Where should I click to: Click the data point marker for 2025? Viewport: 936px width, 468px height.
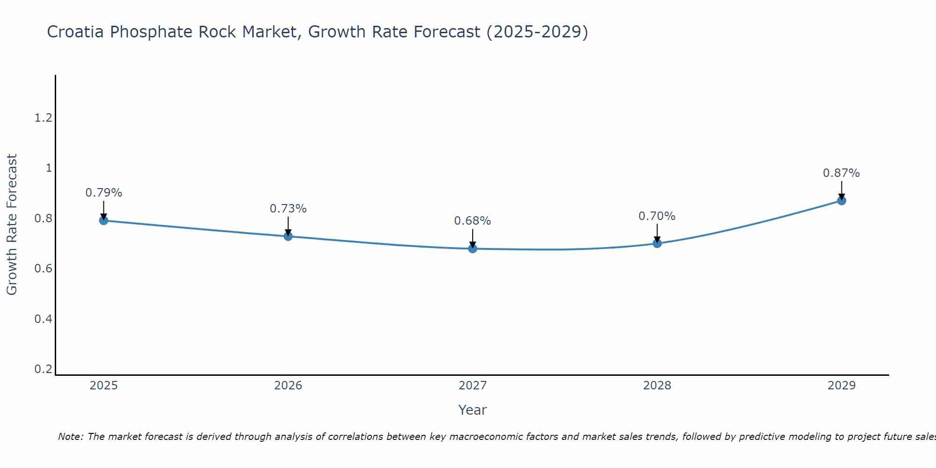(104, 220)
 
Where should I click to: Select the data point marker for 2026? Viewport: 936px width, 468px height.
(288, 236)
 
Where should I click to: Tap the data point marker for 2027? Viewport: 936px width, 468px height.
(473, 249)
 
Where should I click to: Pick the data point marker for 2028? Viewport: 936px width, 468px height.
(657, 243)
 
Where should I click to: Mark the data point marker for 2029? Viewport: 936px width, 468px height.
(841, 201)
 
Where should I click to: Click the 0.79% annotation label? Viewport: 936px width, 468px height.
(104, 193)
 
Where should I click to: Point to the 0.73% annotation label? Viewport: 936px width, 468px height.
(288, 209)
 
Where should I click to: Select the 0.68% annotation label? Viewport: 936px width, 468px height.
(473, 221)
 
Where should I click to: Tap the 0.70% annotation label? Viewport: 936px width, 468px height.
(657, 216)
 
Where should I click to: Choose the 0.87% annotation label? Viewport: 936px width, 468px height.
(841, 173)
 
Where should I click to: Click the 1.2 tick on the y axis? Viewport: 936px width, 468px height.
(43, 118)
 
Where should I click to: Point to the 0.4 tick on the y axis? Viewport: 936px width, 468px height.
(43, 319)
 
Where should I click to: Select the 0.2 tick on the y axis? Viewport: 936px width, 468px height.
(43, 369)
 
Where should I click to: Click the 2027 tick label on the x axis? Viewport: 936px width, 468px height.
(473, 386)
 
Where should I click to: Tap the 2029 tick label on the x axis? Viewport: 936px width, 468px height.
(841, 386)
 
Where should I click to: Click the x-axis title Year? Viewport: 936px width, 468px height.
(473, 410)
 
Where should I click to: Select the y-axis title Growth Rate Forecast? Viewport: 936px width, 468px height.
(12, 225)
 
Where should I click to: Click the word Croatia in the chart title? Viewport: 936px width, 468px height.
(75, 32)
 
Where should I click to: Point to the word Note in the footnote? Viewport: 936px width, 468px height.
(70, 437)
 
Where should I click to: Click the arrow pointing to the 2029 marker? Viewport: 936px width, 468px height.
(841, 190)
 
